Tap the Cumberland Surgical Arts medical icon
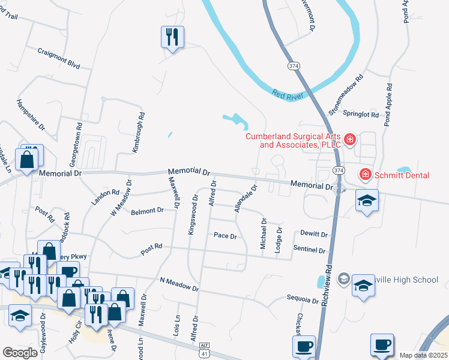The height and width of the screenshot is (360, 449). (350, 140)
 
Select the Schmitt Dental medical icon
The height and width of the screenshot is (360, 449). (364, 175)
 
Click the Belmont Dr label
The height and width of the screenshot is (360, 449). (148, 211)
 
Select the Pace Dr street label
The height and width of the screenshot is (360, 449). (225, 236)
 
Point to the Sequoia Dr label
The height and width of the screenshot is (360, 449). (303, 299)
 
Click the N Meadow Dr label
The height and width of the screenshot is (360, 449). (179, 284)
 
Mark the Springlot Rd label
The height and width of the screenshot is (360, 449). (360, 113)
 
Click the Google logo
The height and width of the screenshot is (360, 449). (20, 353)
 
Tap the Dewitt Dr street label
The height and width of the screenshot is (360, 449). (315, 235)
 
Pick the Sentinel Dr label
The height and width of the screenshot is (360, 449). (309, 250)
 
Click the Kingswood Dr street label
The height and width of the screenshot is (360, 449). (193, 215)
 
